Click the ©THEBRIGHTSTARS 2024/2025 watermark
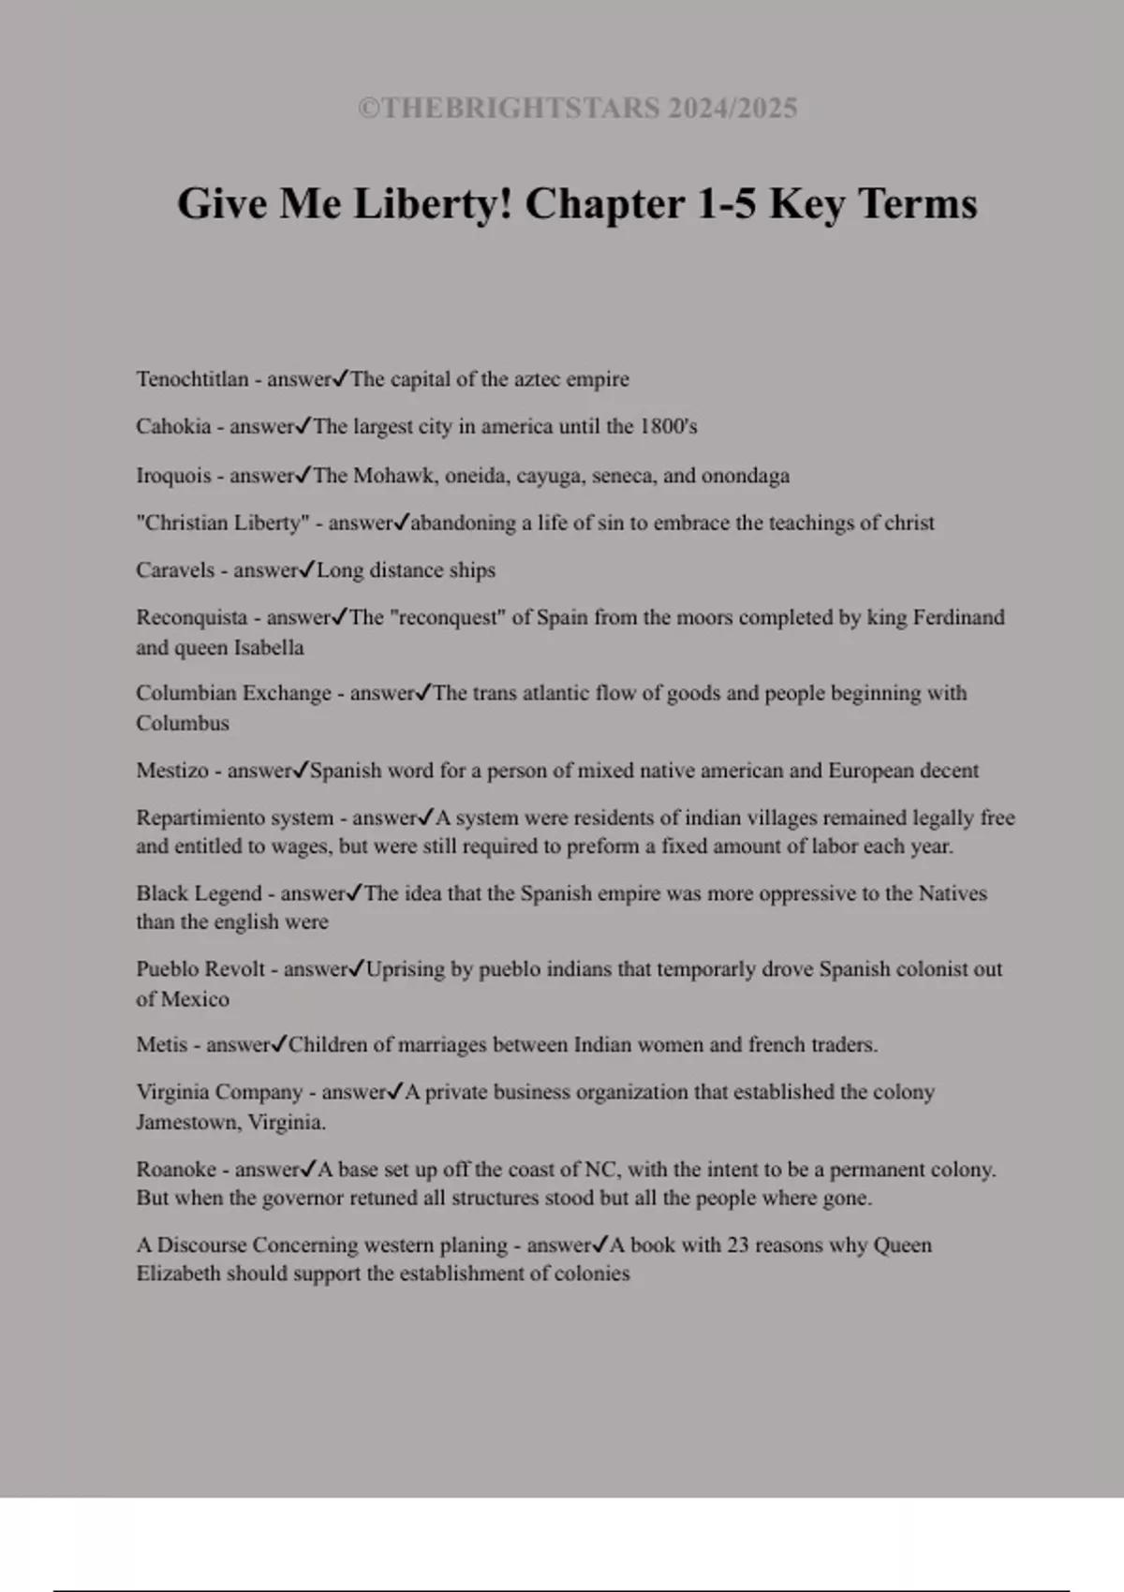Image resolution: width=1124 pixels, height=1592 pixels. pyautogui.click(x=577, y=109)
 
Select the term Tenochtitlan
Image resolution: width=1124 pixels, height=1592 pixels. pyautogui.click(x=192, y=379)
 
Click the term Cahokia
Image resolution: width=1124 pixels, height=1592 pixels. pyautogui.click(x=173, y=427)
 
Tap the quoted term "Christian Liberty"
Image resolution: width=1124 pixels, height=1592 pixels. pyautogui.click(x=223, y=523)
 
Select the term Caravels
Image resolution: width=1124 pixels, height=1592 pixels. pyautogui.click(x=175, y=570)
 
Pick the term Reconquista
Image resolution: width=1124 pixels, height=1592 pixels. pyautogui.click(x=192, y=618)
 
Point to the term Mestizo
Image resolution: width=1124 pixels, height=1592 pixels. pyautogui.click(x=172, y=771)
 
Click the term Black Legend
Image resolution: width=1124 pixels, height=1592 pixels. pyautogui.click(x=199, y=893)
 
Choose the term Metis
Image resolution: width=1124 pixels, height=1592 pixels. pyautogui.click(x=162, y=1045)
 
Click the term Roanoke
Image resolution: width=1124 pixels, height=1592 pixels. pyautogui.click(x=176, y=1170)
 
